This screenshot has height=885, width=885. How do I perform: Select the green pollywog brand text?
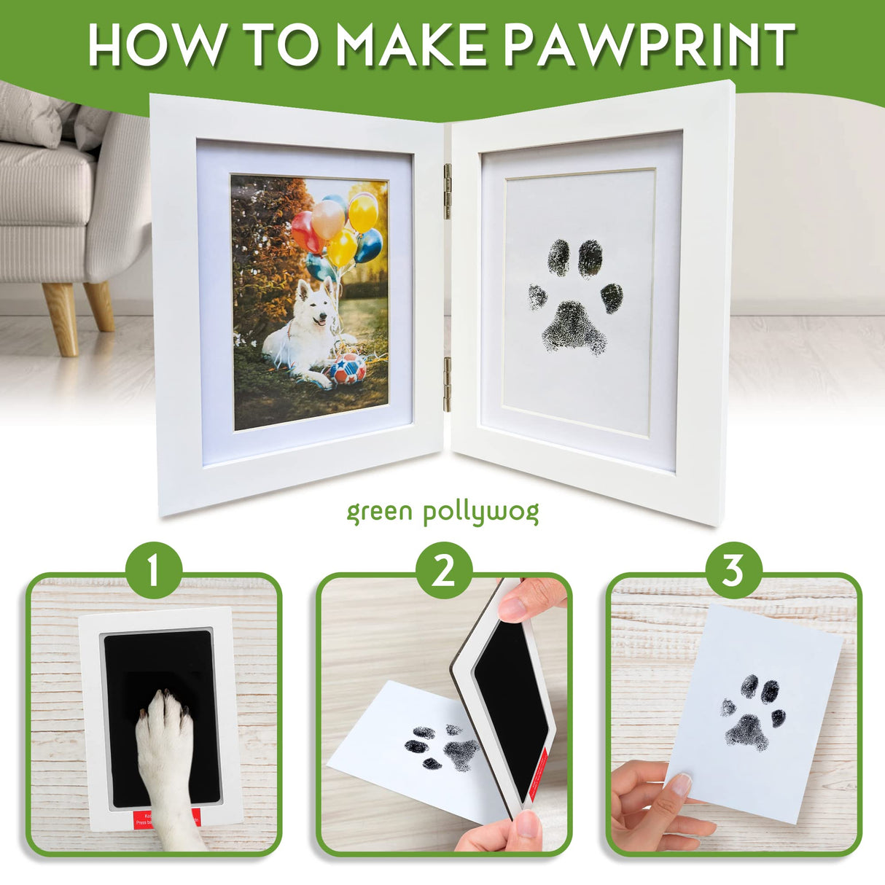(442, 512)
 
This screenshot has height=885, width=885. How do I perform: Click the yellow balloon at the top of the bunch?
(363, 212)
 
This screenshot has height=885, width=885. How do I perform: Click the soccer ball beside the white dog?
(348, 370)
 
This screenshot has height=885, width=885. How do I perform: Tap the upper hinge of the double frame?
(448, 191)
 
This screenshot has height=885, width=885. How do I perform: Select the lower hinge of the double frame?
(448, 384)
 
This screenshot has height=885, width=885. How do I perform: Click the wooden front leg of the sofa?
(61, 318)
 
